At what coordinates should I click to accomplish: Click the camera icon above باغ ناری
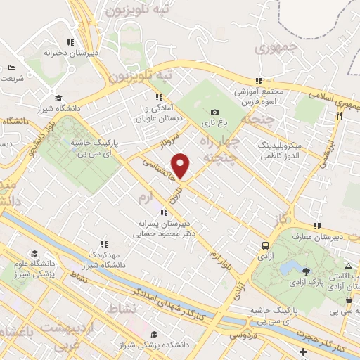click(214, 112)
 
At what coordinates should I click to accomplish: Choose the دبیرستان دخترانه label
click(70, 53)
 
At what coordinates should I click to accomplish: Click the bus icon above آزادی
click(266, 245)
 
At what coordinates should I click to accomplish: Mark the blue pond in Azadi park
click(288, 268)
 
